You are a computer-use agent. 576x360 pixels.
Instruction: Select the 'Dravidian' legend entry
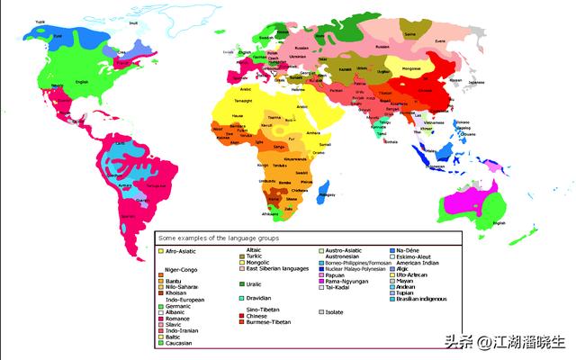click(256, 298)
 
